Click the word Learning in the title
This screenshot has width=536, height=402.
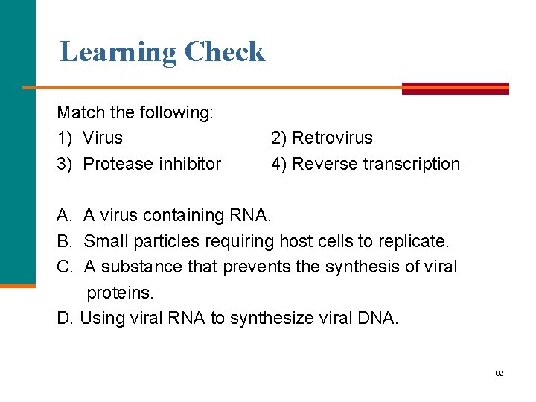pos(118,52)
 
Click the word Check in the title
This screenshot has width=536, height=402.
pos(224,52)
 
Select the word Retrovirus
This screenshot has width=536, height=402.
pos(332,138)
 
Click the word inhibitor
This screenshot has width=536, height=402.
pos(189,164)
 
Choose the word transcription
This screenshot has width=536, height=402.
pos(412,164)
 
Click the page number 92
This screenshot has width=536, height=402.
pos(500,373)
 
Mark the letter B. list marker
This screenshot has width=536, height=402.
pos(64,241)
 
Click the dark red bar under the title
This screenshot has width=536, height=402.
pos(456,88)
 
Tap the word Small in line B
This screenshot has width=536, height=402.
pos(103,241)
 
